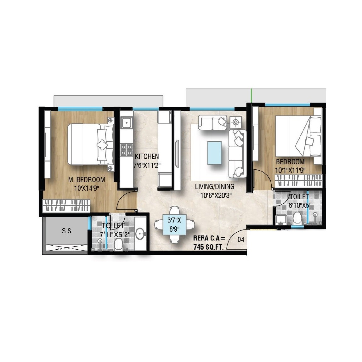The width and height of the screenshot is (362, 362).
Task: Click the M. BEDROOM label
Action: tap(87, 180)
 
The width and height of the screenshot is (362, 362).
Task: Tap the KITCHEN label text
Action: tap(147, 156)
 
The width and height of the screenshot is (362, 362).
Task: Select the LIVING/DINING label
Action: tap(214, 187)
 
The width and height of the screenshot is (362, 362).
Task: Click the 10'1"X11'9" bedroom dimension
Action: tap(290, 170)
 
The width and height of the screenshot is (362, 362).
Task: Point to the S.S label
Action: tap(66, 231)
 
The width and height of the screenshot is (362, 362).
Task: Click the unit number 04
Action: tap(241, 240)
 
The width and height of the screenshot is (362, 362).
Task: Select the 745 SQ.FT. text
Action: tap(208, 247)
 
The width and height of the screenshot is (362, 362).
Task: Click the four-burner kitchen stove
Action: tap(127, 150)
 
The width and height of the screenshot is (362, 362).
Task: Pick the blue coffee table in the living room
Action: tap(214, 153)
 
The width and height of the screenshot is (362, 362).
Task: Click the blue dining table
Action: tap(174, 225)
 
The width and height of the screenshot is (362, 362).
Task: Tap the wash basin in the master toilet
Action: tap(140, 233)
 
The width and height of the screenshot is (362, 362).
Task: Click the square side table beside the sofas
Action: tap(235, 122)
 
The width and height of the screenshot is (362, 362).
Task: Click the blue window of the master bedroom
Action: tap(80, 109)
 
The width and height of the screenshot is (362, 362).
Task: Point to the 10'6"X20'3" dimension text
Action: tap(216, 195)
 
